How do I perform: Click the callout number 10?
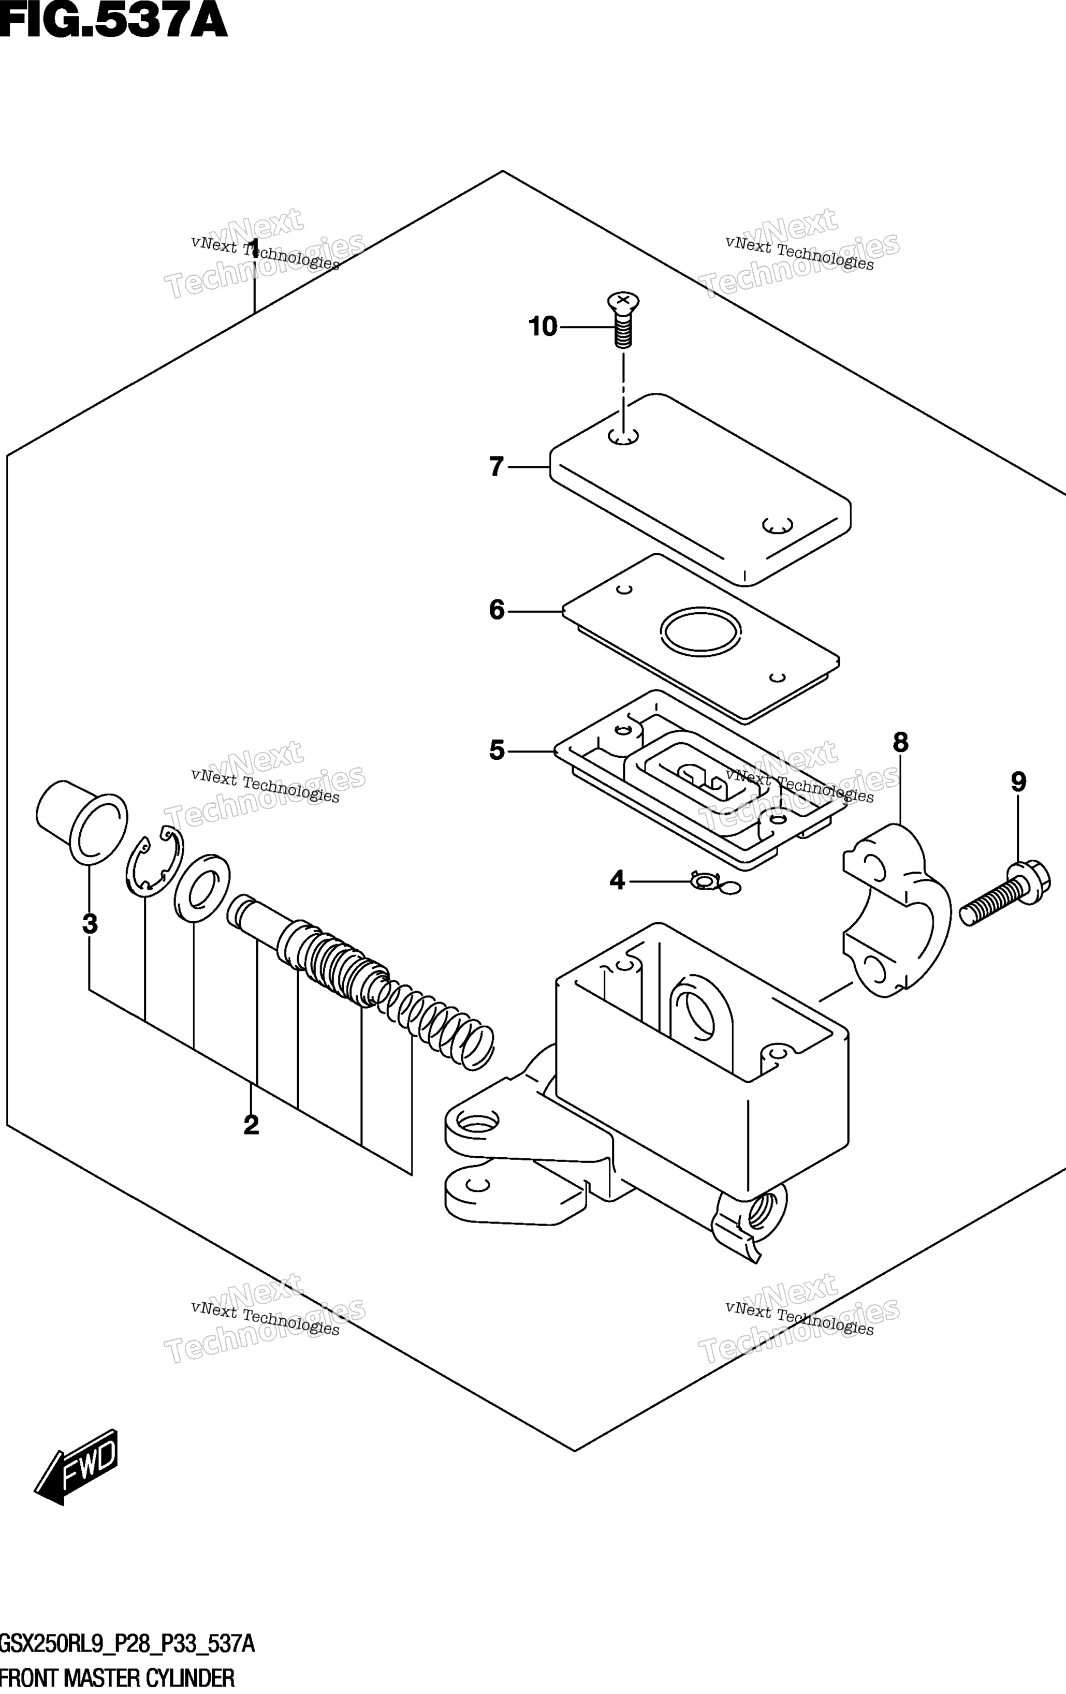(x=543, y=327)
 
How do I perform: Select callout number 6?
(x=497, y=610)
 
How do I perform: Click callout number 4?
(x=617, y=880)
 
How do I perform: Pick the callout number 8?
(x=901, y=742)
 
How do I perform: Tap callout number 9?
(x=1019, y=782)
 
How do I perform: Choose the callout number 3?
(x=90, y=924)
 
